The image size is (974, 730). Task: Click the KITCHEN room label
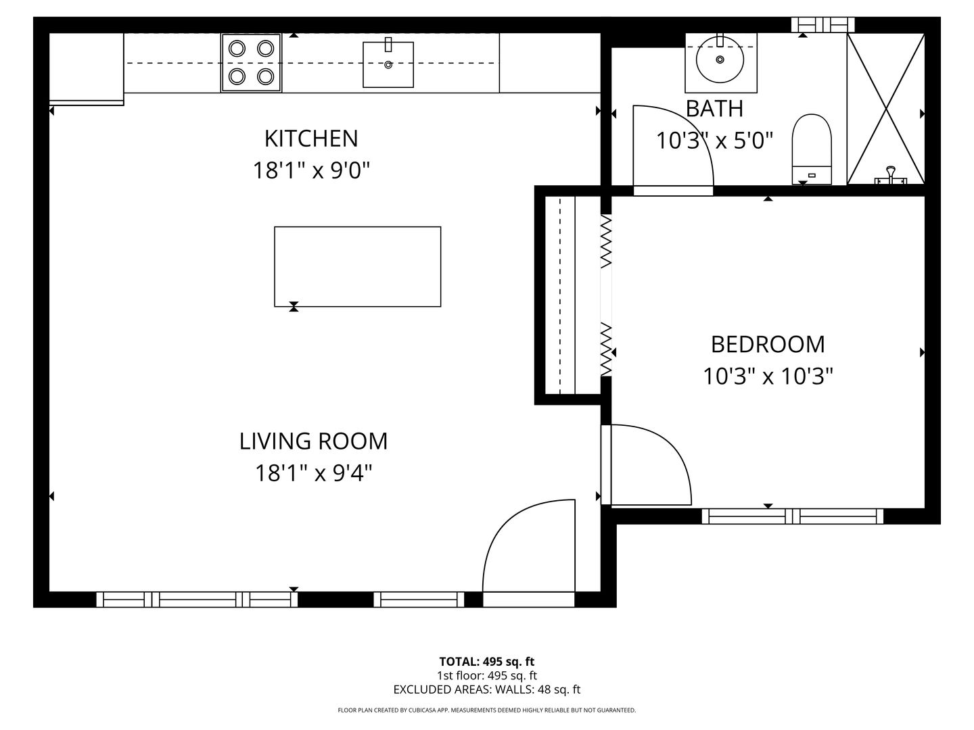tap(310, 139)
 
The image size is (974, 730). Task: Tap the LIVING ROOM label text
tap(313, 441)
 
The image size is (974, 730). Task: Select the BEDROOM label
tap(768, 344)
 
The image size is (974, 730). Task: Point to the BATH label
tap(714, 109)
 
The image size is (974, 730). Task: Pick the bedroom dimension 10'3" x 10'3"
tap(768, 376)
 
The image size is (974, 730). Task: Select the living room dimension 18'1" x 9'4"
tap(313, 473)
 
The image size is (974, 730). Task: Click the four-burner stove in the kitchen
tap(251, 62)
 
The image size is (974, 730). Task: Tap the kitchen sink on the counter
tap(388, 64)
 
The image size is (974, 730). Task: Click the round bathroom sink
tap(720, 59)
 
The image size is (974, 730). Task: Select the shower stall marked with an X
tap(885, 108)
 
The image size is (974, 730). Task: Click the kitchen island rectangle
tap(357, 266)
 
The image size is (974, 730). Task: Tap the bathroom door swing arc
tap(673, 145)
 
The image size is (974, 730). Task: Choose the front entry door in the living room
tap(529, 547)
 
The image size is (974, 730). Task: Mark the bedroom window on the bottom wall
tap(792, 516)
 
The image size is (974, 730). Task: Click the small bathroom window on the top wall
tap(822, 25)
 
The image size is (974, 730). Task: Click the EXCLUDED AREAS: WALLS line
tap(486, 689)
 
